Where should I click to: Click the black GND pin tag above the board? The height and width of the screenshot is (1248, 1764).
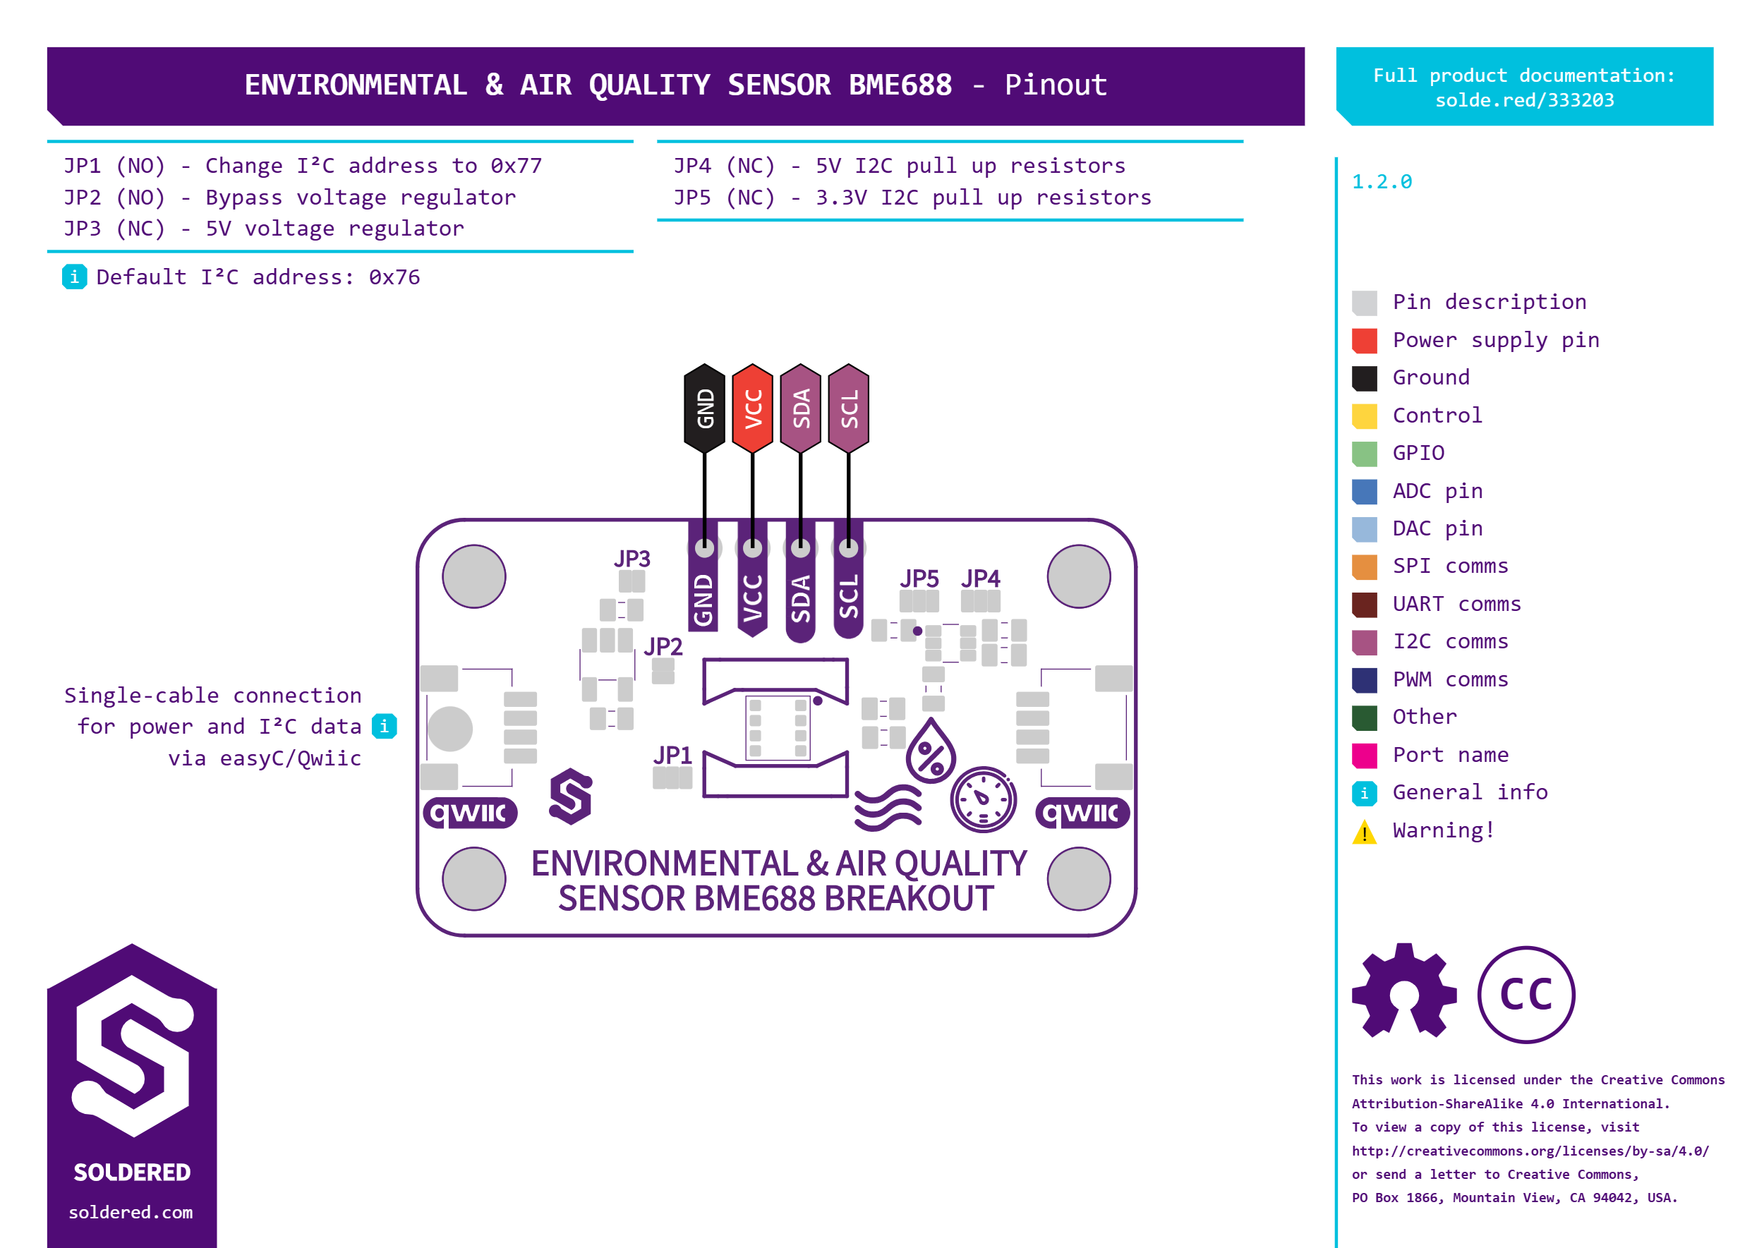tap(704, 408)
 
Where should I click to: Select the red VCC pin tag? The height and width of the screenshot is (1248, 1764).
tap(752, 408)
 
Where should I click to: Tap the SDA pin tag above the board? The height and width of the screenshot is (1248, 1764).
tap(800, 408)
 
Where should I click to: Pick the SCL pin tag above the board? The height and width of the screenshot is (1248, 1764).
tap(849, 408)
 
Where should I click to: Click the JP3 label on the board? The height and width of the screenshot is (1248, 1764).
tap(632, 558)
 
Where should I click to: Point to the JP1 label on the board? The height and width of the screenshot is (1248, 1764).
tap(672, 756)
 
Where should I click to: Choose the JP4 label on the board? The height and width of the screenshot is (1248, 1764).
tap(981, 578)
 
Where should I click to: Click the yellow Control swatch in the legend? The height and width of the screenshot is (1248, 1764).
tap(1365, 416)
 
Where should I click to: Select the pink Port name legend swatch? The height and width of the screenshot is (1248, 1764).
tap(1365, 756)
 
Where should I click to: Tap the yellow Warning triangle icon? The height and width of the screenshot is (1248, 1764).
tap(1365, 832)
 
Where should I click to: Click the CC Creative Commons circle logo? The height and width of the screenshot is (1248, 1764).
tap(1526, 995)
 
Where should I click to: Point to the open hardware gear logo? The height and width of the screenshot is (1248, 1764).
tap(1404, 991)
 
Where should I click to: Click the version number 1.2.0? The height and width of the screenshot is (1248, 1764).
tap(1382, 182)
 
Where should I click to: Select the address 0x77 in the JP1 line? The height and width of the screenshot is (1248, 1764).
tap(516, 166)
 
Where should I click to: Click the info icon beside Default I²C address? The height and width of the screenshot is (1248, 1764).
tap(74, 277)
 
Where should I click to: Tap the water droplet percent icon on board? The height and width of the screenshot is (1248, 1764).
tap(930, 751)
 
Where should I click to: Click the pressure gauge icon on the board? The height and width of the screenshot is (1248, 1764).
tap(983, 799)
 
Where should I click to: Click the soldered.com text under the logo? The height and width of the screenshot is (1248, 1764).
tap(131, 1212)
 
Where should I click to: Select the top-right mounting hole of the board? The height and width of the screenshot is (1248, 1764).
tap(1078, 576)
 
